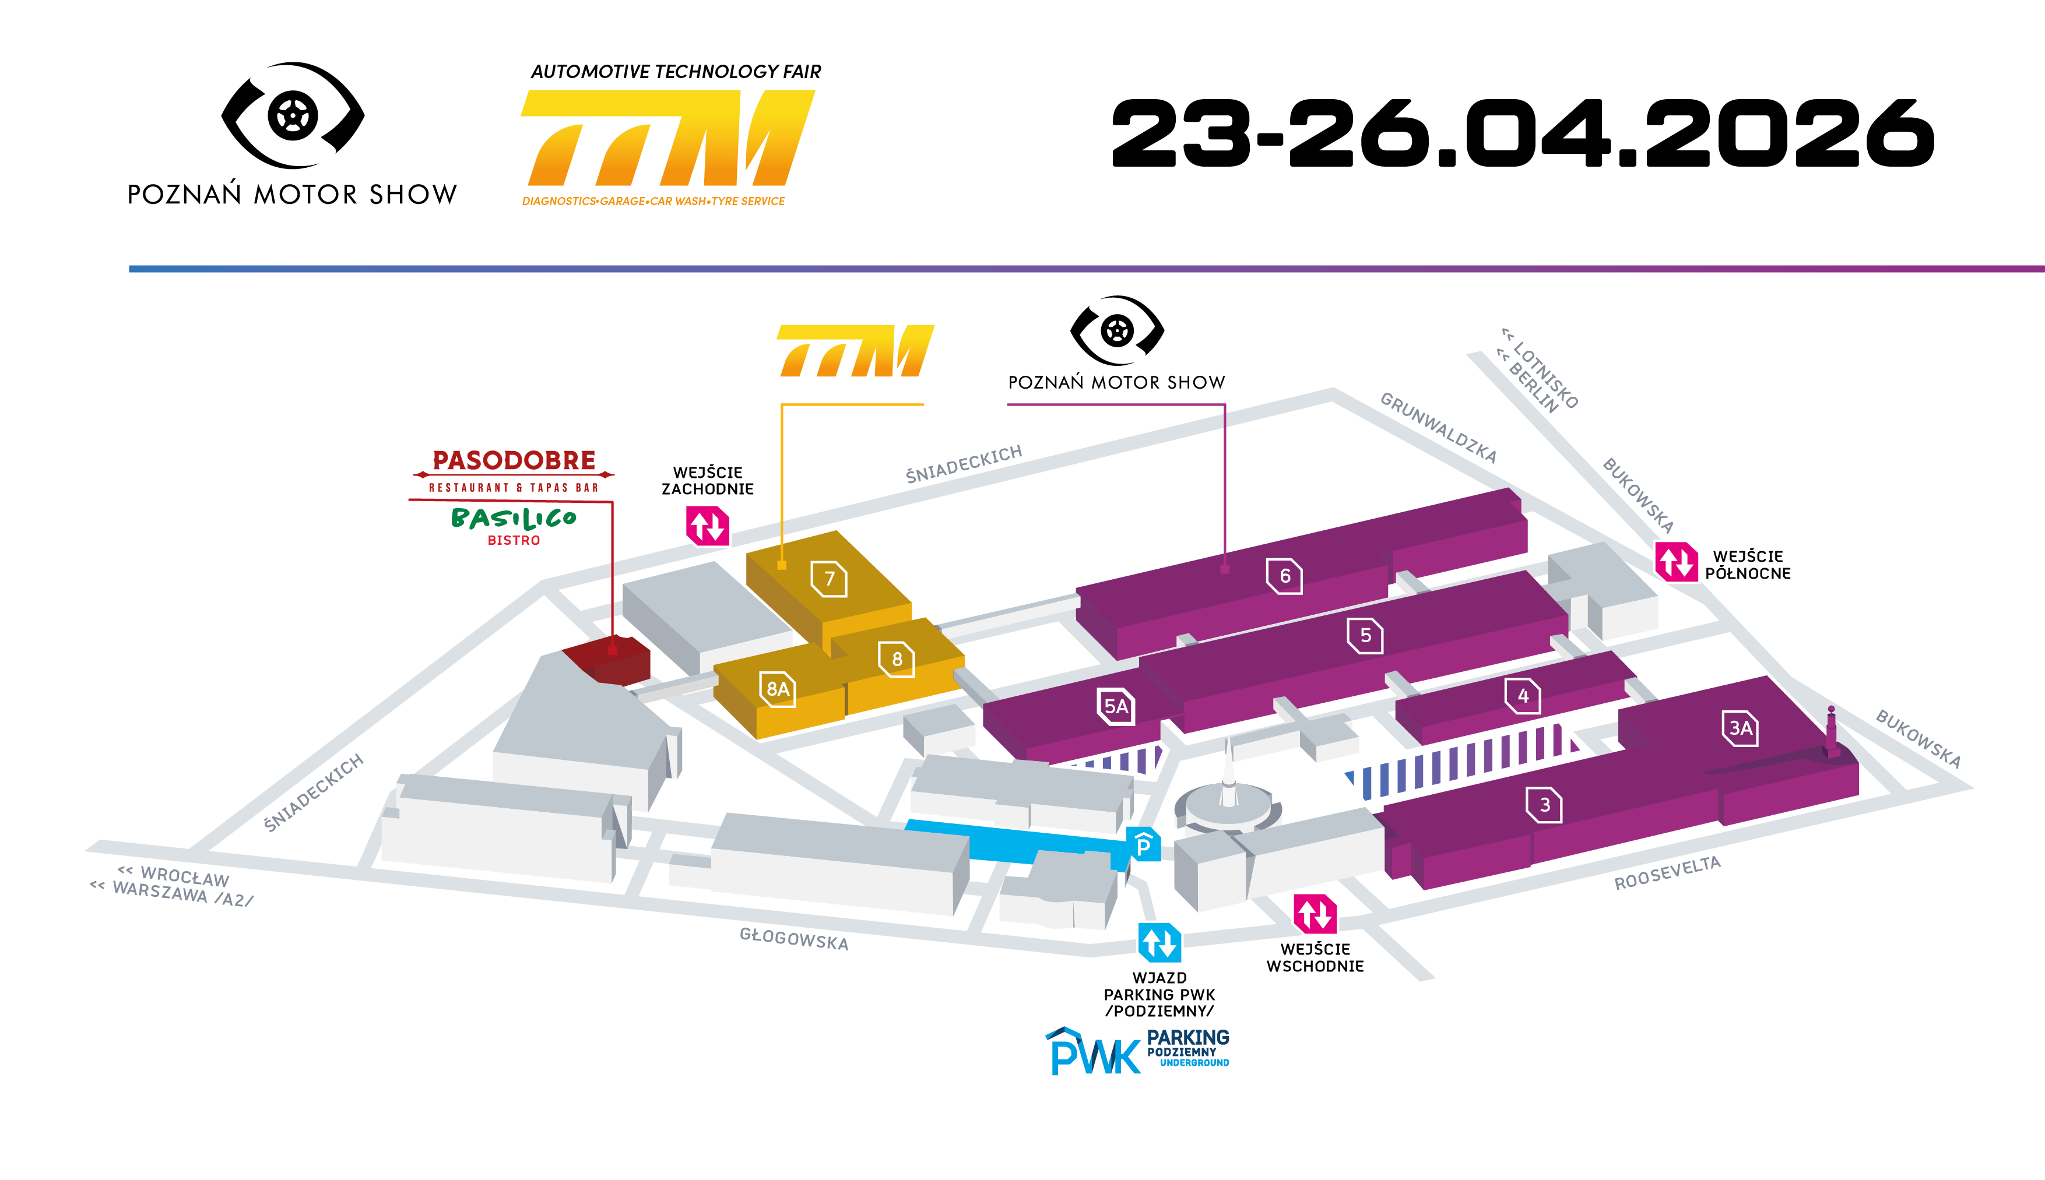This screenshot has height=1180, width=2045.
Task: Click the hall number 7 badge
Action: [829, 579]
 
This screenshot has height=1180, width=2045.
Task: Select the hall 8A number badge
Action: [777, 689]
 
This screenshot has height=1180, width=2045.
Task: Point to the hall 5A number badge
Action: [1116, 706]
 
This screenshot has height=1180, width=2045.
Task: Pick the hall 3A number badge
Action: [1740, 728]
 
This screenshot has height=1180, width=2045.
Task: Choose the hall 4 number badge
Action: [1523, 695]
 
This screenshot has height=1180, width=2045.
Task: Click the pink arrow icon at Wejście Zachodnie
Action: [708, 526]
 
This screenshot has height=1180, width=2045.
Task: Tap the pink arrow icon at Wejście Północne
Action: [1676, 562]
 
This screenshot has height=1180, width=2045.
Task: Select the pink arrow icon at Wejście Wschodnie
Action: [1315, 914]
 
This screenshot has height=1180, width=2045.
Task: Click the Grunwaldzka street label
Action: [1438, 427]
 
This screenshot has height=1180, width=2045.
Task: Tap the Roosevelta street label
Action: [1667, 873]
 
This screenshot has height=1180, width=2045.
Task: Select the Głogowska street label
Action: [793, 939]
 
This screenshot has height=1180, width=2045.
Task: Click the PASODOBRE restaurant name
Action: [514, 460]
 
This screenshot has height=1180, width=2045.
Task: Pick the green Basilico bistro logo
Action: [514, 518]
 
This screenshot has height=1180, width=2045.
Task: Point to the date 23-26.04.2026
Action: [1522, 133]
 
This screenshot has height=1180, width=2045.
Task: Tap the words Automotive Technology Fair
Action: [676, 71]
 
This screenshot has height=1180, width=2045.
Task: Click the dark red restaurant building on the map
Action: [609, 660]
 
